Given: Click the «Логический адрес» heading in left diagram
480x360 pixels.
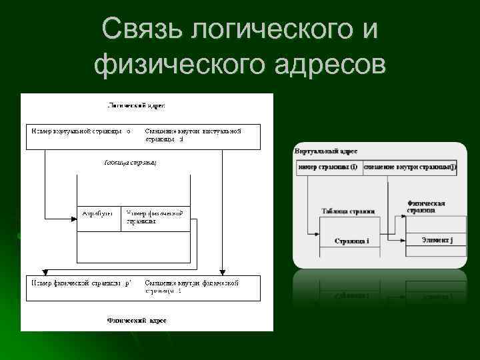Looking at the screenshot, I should click(137, 105).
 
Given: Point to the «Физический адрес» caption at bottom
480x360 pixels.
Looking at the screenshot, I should click(137, 321).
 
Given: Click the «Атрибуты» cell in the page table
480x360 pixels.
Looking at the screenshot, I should click(97, 213).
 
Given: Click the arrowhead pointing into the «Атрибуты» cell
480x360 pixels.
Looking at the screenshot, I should click(73, 218).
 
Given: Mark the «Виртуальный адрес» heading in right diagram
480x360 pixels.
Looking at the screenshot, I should click(326, 152).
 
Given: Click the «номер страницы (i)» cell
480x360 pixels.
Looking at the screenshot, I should click(328, 167).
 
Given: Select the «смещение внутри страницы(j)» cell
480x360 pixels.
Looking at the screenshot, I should click(409, 167).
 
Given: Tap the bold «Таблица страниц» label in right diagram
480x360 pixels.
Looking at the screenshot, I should click(348, 212).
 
